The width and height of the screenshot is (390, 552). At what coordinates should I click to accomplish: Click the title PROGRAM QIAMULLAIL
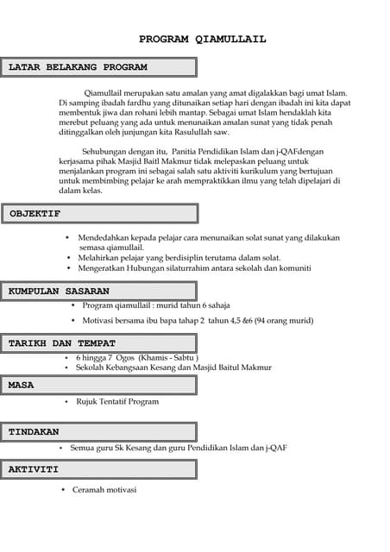(x=203, y=39)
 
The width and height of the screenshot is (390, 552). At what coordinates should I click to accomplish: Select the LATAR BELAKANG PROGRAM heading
(x=79, y=67)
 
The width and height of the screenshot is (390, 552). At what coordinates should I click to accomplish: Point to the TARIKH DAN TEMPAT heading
(x=62, y=343)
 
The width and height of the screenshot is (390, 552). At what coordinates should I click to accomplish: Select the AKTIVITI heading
(x=34, y=470)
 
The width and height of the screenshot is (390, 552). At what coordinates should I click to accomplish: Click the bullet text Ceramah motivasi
(x=104, y=490)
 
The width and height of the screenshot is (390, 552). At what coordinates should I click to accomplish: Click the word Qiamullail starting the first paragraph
(x=104, y=91)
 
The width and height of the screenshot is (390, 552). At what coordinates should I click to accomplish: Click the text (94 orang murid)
(x=285, y=321)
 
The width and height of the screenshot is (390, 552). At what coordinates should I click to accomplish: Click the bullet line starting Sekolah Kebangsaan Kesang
(x=173, y=367)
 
